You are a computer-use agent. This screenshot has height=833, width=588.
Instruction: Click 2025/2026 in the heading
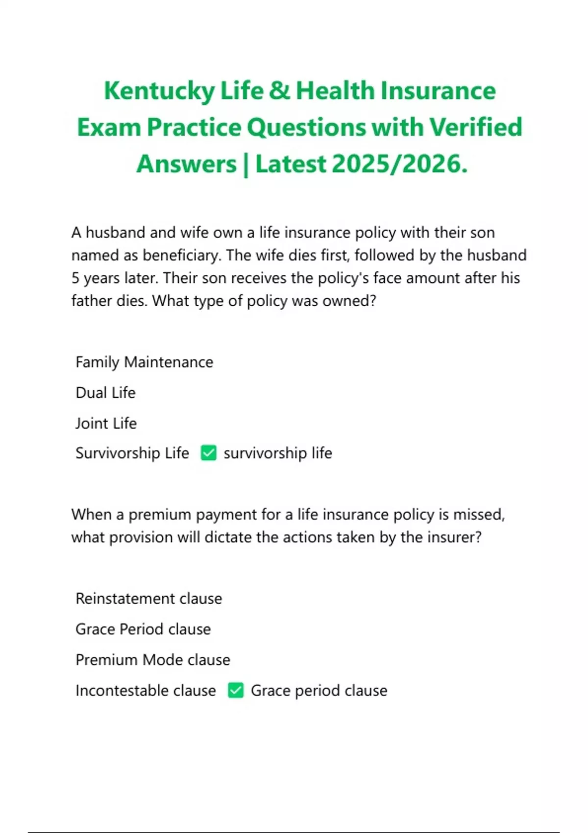coord(400,164)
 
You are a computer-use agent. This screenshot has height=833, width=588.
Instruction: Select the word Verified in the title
coord(476,127)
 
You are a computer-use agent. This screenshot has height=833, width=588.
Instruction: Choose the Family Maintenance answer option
coord(144,362)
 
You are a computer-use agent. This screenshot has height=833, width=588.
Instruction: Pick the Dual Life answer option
coord(105,392)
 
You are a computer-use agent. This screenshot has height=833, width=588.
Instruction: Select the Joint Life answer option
coord(106,423)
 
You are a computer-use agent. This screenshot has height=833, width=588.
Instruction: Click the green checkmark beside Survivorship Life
coord(209,453)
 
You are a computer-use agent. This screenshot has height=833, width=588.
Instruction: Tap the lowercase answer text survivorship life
coord(277,453)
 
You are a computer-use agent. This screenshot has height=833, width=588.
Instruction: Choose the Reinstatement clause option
coord(148,598)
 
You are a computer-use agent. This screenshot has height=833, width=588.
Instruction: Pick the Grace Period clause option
coord(143,629)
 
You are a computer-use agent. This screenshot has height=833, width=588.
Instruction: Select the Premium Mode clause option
coord(152,660)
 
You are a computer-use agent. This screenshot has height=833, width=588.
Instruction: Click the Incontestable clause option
coord(146,690)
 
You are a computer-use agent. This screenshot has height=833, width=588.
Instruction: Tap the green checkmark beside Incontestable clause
coord(236,690)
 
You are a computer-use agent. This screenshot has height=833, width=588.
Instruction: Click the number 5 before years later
coord(75,278)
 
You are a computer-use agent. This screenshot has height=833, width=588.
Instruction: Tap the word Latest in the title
coord(291,164)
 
